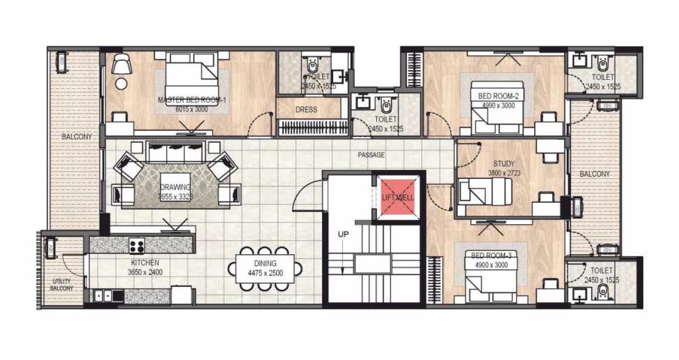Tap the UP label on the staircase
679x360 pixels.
click(343, 234)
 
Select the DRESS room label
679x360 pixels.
click(306, 109)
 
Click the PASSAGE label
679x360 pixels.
click(371, 155)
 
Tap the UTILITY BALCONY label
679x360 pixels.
click(62, 285)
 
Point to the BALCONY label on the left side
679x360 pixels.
click(77, 136)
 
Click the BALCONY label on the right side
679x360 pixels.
click(595, 174)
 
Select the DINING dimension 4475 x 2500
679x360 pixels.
click(265, 273)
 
